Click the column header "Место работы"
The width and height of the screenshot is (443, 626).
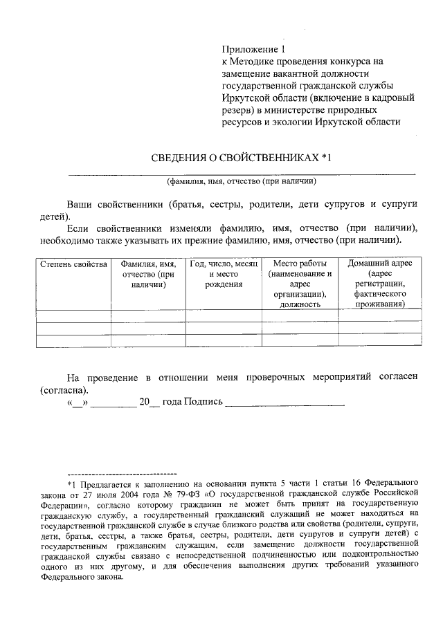(x=300, y=264)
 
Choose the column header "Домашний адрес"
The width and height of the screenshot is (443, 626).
(x=379, y=264)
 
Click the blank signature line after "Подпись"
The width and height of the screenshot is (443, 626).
(x=284, y=404)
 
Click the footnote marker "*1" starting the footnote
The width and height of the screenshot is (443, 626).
(x=74, y=479)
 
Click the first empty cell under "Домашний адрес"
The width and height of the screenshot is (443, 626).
(x=379, y=315)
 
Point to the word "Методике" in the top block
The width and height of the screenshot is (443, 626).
(x=254, y=61)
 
